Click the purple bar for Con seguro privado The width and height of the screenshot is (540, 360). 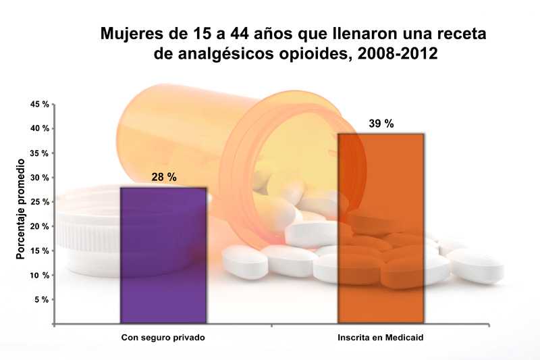(x=163, y=255)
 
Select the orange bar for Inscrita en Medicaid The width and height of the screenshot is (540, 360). (x=381, y=228)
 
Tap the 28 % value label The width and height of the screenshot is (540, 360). (x=163, y=177)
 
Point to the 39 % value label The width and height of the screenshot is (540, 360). (x=381, y=124)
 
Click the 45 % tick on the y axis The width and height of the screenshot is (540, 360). (x=40, y=105)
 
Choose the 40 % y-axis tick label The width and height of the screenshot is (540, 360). (x=40, y=129)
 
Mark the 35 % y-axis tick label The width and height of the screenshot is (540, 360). (x=40, y=153)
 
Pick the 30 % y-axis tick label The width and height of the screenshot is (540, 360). (x=40, y=178)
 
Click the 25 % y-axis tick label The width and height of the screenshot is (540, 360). (x=40, y=202)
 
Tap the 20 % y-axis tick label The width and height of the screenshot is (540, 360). (x=40, y=226)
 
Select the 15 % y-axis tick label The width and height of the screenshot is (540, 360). (x=40, y=251)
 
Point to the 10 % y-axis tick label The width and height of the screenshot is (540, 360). (x=40, y=275)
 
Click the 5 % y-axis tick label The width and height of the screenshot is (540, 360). (x=42, y=299)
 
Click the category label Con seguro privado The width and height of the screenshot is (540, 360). (x=163, y=337)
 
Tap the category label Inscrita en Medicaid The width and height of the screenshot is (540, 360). (x=381, y=337)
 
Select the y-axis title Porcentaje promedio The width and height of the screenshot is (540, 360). (x=21, y=210)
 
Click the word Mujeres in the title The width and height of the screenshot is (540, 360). (x=131, y=33)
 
